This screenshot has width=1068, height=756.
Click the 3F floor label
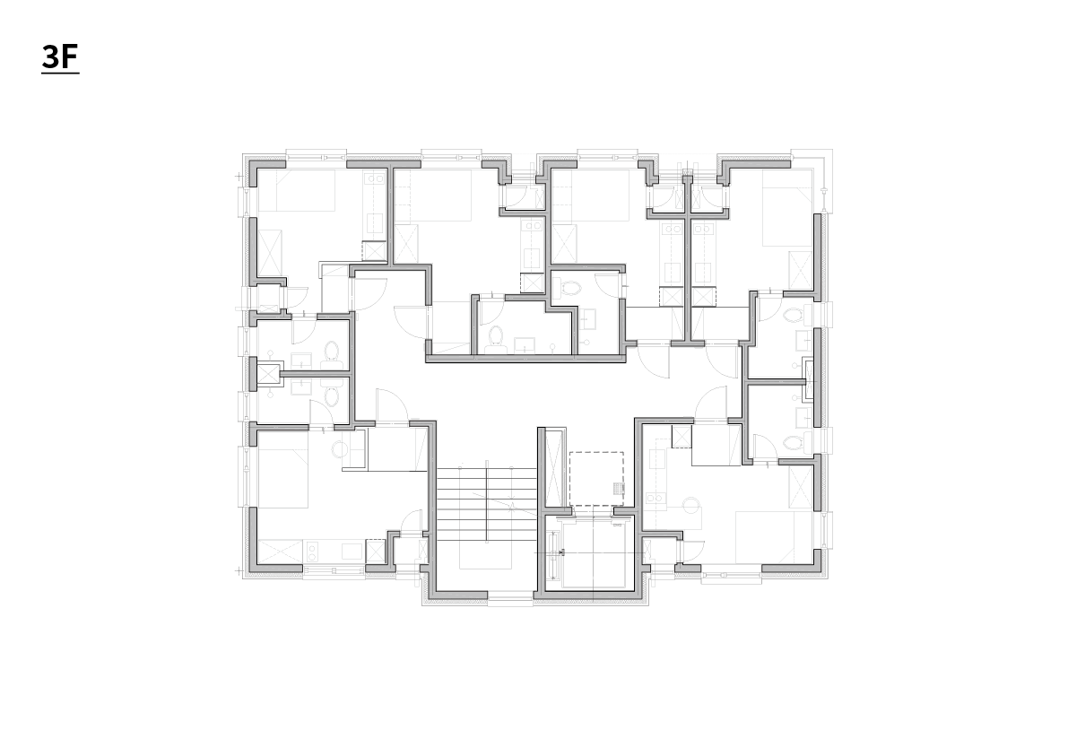click(60, 57)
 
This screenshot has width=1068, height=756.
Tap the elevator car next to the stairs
click(590, 552)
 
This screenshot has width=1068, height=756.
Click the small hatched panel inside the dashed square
click(619, 488)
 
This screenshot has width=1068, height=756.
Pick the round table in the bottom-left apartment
click(340, 448)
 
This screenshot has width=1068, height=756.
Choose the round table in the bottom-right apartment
click(692, 505)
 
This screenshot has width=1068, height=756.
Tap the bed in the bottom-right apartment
click(774, 537)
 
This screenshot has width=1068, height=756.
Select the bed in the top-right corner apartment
click(787, 208)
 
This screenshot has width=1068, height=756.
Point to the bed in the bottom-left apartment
click(282, 469)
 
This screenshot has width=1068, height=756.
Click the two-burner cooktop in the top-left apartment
click(376, 179)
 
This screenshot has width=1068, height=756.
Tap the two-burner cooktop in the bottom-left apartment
click(315, 551)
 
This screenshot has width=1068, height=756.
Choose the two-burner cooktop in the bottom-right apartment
click(656, 499)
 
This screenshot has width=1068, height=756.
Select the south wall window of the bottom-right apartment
click(732, 576)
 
